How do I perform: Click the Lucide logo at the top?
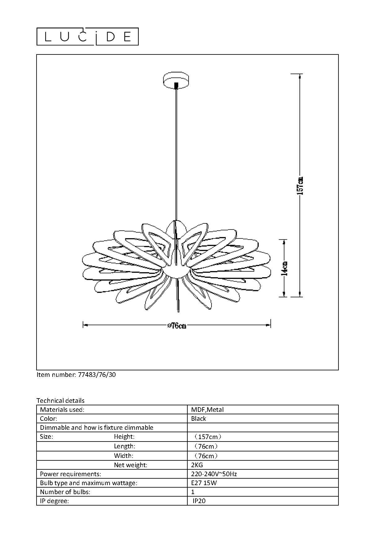88,37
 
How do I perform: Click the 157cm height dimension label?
300,185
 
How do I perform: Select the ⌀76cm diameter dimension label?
177,325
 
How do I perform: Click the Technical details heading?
60,401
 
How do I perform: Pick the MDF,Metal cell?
207,410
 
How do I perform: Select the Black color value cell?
199,419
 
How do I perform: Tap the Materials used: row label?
62,410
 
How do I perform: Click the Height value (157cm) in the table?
207,437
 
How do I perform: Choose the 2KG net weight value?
197,465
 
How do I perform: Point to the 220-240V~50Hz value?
214,474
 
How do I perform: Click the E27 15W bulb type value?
204,483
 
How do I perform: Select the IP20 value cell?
199,501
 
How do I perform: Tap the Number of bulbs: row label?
65,492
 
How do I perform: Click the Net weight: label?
130,465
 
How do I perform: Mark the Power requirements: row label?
71,474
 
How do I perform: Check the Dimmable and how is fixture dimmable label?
97,428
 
